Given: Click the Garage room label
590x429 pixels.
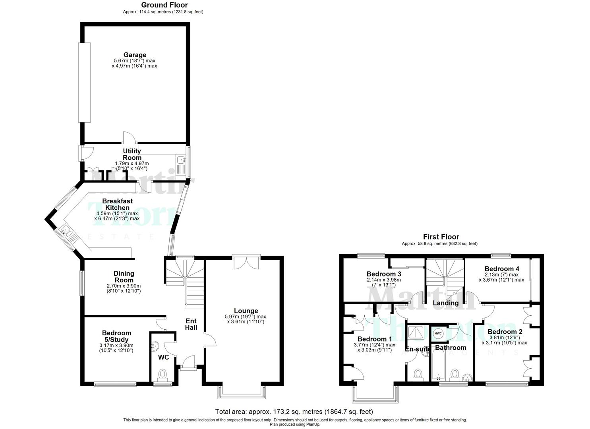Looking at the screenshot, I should [134, 55].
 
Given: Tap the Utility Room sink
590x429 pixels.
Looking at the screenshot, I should [181, 160].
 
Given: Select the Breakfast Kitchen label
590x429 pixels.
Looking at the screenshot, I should [117, 204].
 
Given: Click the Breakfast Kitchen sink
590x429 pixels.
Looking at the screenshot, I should [66, 232].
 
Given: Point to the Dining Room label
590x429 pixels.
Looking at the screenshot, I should [124, 276].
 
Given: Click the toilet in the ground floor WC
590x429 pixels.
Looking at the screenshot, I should [162, 374].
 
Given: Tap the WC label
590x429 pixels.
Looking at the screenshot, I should [163, 357].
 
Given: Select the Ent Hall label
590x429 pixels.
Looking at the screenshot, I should [191, 324].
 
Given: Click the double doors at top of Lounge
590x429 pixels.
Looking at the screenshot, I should [246, 263].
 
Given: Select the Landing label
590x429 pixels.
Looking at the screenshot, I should [445, 303].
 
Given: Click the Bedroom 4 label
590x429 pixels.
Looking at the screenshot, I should [501, 269].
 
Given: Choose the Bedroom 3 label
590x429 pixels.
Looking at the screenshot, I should [383, 274].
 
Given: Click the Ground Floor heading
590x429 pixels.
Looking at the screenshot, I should [164, 5].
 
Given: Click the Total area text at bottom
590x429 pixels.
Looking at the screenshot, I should [294, 412].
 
